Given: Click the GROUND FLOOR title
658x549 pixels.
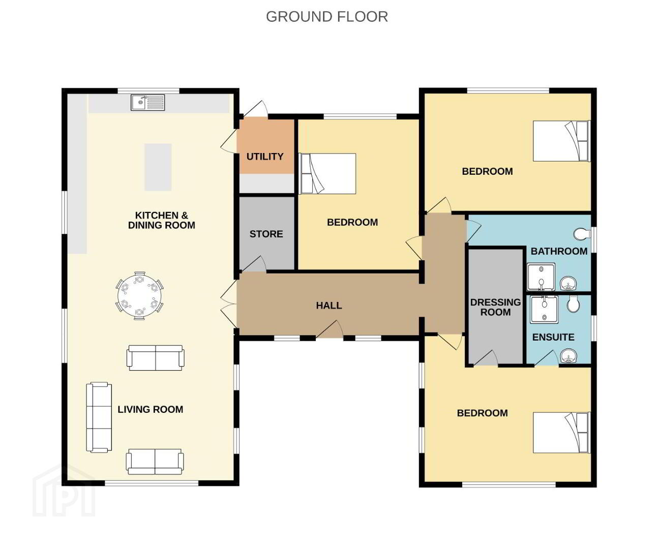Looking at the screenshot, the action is [327, 17].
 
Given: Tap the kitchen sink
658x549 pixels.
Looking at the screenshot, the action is [148, 102].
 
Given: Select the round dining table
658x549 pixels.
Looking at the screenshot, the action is [140, 296].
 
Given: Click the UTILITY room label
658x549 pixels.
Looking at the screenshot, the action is [265, 157].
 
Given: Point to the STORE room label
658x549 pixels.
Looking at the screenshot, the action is [266, 234].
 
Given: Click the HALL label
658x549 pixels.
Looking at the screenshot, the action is [329, 306].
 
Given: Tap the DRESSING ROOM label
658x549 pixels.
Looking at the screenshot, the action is [495, 307].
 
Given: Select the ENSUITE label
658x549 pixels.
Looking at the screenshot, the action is [553, 338].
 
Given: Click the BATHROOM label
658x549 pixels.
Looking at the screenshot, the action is [559, 251].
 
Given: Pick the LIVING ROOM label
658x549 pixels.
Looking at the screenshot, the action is [151, 410].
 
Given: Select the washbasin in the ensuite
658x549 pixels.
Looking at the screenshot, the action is [569, 356].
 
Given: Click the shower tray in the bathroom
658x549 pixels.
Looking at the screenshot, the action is [541, 277].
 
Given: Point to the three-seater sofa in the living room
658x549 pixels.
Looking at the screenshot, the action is [99, 418].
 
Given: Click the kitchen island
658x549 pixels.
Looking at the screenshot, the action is [158, 167].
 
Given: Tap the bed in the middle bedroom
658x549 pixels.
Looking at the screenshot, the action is [327, 173].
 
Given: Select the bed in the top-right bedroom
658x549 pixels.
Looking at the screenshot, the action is [561, 141].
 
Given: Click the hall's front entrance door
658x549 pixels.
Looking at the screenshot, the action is [330, 330].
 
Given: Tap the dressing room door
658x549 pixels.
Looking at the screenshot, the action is [486, 358].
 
